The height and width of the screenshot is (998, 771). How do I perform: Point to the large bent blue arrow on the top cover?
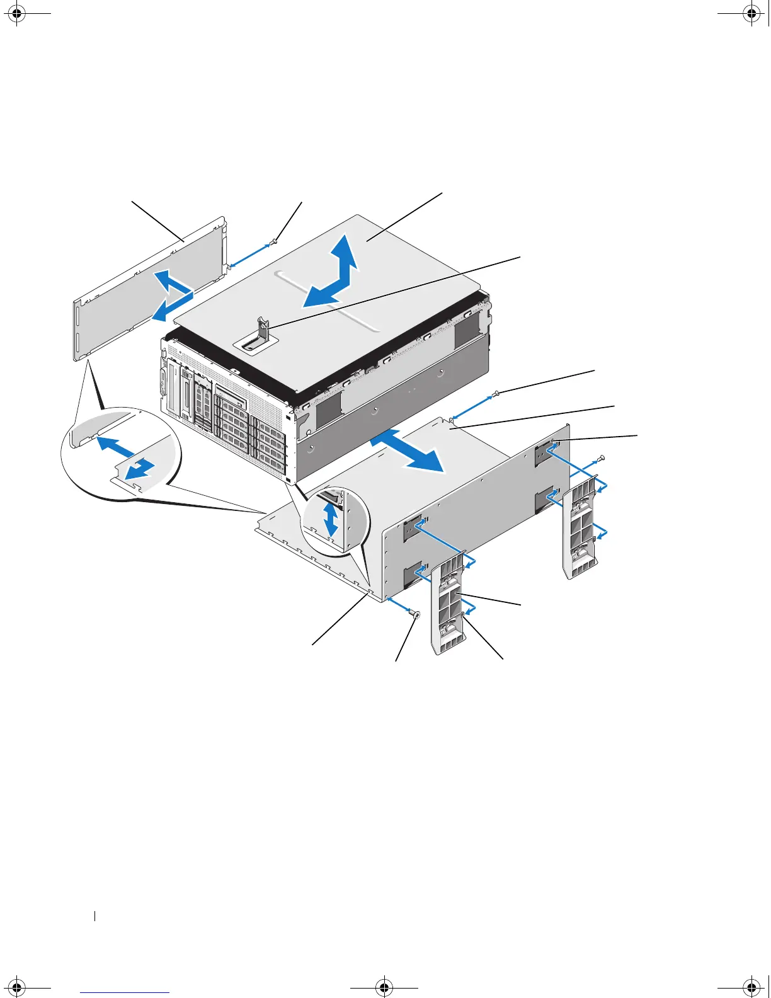(x=334, y=277)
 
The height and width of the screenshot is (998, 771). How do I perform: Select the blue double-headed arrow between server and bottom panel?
(x=407, y=450)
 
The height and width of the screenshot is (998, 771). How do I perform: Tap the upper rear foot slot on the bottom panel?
(x=544, y=454)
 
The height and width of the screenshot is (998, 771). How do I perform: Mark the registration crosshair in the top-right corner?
(x=751, y=15)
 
